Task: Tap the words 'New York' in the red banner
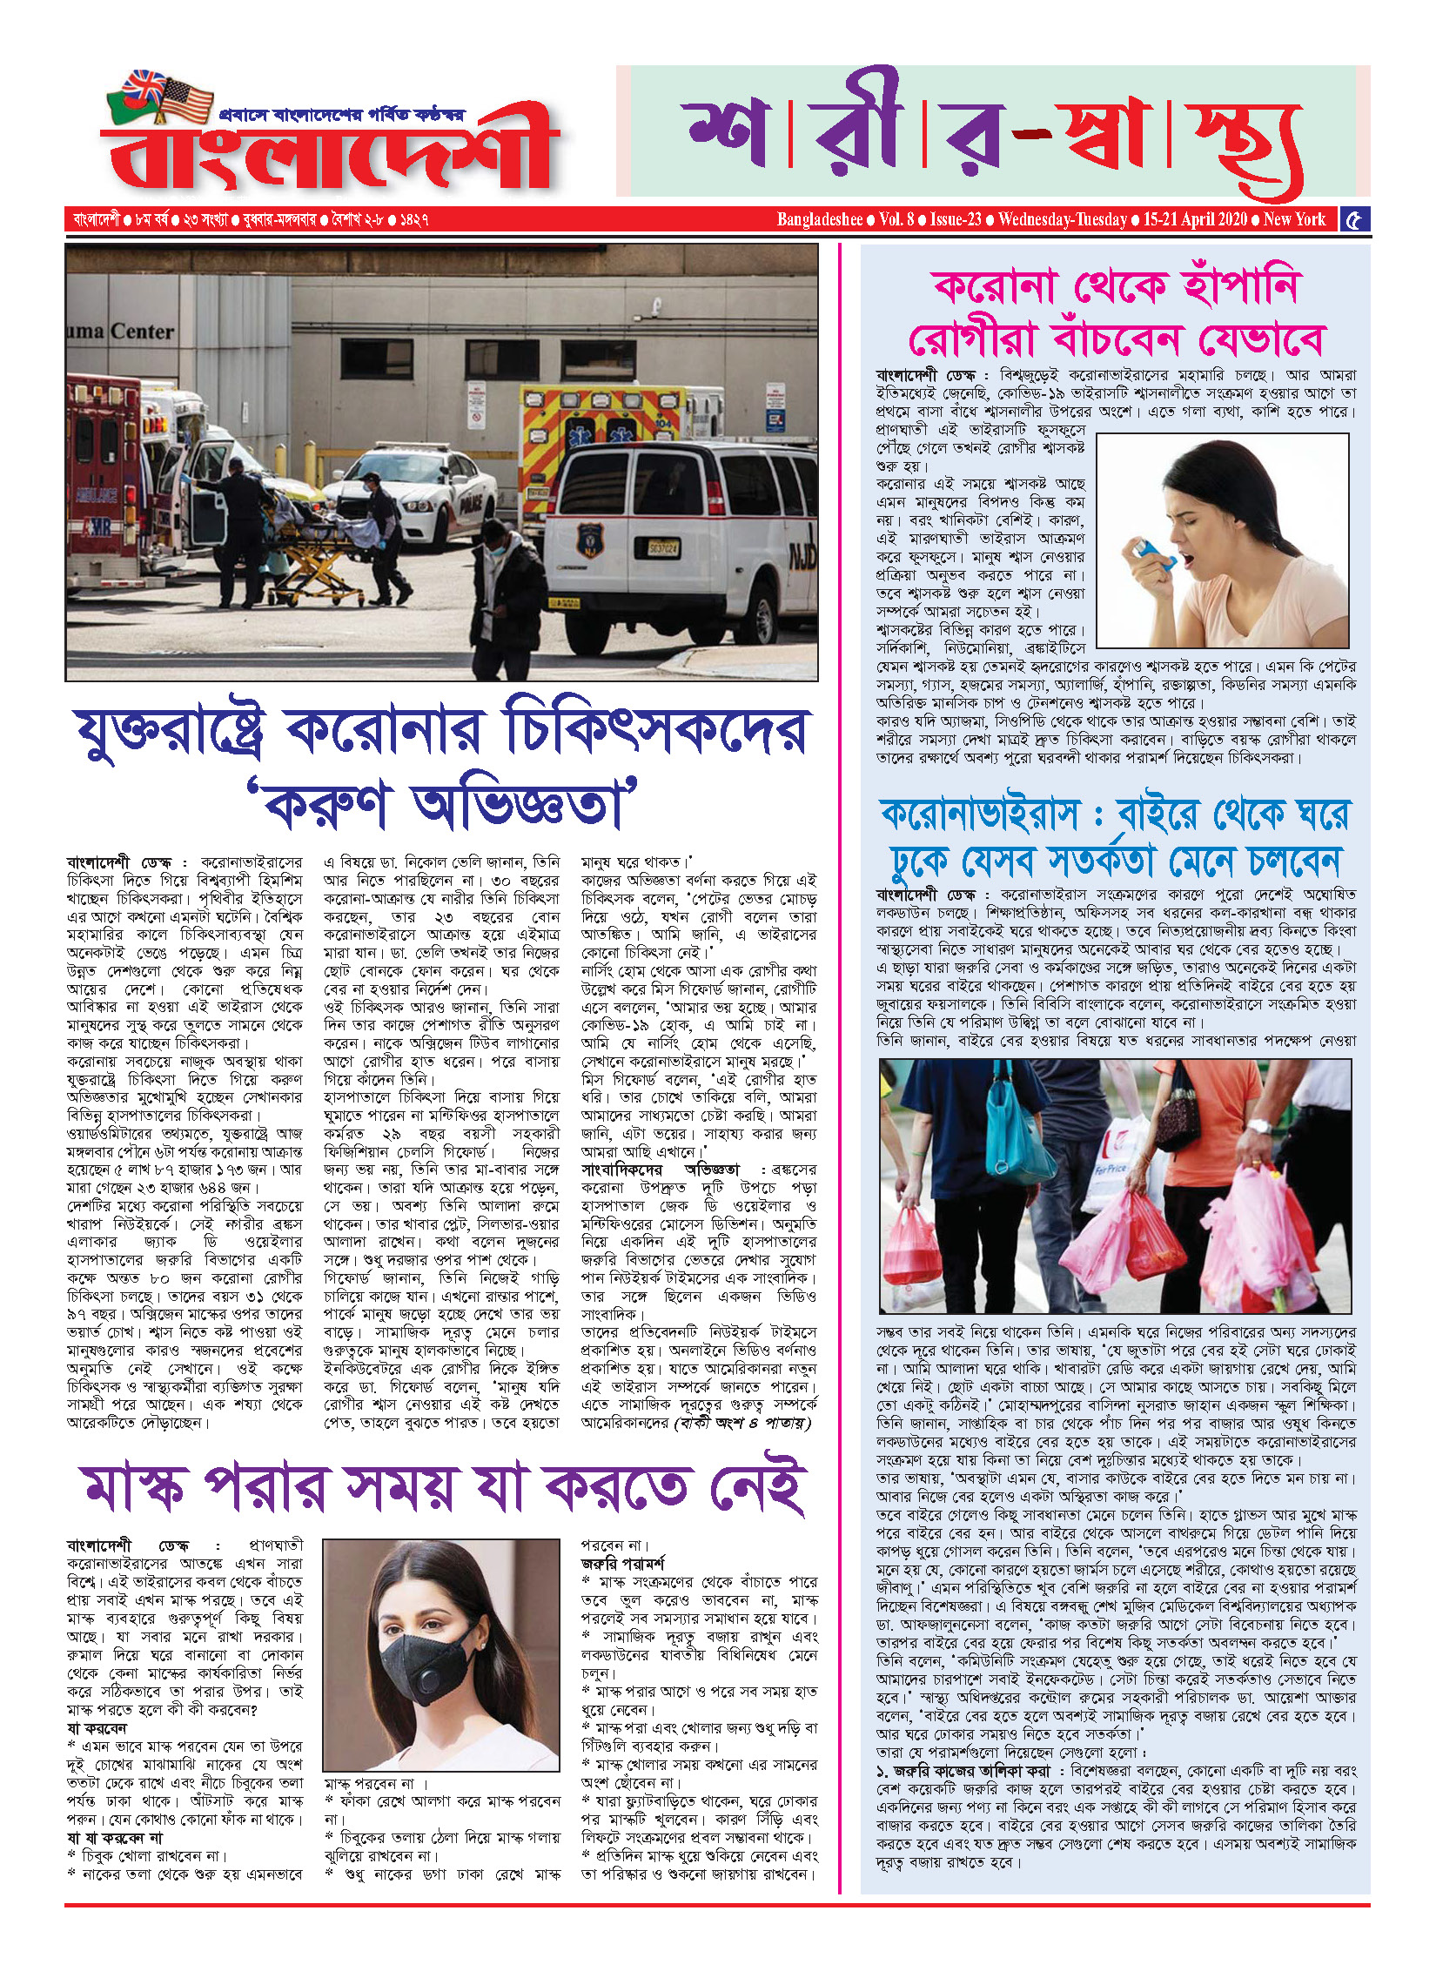1294,219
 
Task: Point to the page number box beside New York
1354,219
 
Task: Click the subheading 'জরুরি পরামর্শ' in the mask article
622,1564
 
